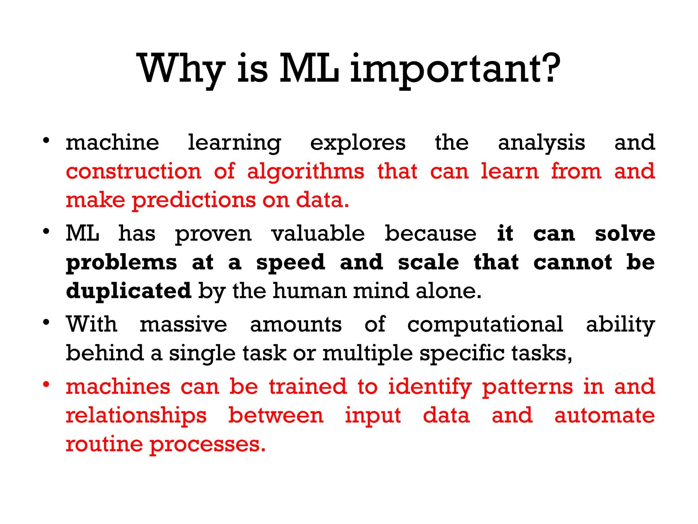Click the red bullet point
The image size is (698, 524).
pyautogui.click(x=46, y=384)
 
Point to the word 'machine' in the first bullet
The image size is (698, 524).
pyautogui.click(x=112, y=143)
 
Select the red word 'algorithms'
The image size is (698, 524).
pyautogui.click(x=306, y=172)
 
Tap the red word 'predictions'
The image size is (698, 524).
pyautogui.click(x=194, y=201)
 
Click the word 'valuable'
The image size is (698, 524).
pyautogui.click(x=318, y=234)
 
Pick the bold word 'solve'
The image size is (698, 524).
pyautogui.click(x=625, y=234)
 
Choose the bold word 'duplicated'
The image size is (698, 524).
pyautogui.click(x=128, y=291)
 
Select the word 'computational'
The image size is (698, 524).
pyautogui.click(x=485, y=325)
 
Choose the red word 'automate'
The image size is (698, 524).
pyautogui.click(x=605, y=416)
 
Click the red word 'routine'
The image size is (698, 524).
pyautogui.click(x=104, y=444)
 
